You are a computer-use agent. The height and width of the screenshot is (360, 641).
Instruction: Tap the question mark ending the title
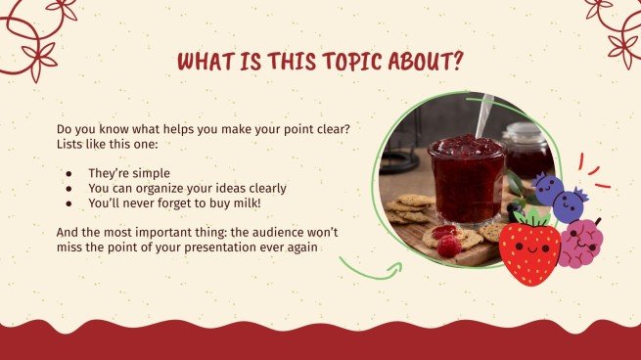[457, 62]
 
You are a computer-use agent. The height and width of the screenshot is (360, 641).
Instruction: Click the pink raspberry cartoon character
[580, 243]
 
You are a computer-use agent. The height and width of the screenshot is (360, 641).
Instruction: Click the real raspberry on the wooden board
[449, 247]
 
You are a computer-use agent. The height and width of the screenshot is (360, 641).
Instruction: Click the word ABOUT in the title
[414, 62]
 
